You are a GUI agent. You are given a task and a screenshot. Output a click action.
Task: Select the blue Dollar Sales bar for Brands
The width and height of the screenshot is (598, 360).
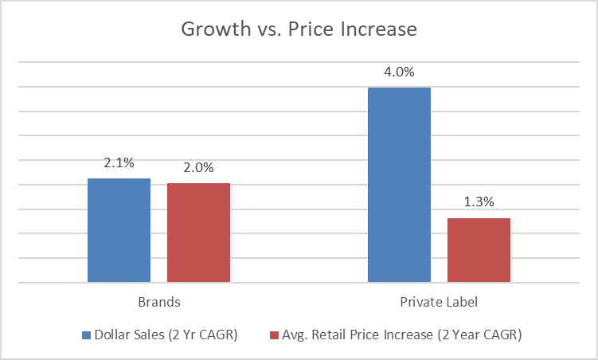[119, 230]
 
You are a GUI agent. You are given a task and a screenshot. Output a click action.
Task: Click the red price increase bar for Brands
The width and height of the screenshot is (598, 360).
[198, 233]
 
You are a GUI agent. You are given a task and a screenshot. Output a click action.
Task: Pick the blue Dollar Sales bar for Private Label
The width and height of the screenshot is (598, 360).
[399, 185]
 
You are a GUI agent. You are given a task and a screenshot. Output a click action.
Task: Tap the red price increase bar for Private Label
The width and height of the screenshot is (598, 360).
[479, 250]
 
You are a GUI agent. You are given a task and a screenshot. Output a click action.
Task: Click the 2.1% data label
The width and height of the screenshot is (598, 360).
[119, 163]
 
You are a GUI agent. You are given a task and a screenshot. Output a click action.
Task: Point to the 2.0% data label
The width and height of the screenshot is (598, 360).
[198, 168]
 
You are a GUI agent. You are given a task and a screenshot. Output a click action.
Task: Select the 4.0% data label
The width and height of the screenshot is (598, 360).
[399, 72]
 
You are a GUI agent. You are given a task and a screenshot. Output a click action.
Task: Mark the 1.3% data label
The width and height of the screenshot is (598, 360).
[479, 202]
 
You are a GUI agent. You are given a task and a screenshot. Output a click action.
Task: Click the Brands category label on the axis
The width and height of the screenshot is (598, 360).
[158, 303]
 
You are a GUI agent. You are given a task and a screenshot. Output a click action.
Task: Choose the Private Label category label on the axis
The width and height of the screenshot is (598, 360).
[439, 303]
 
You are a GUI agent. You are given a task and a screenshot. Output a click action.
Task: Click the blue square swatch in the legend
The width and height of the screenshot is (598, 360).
[84, 335]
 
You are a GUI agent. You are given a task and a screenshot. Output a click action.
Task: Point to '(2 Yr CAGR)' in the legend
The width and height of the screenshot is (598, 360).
[205, 335]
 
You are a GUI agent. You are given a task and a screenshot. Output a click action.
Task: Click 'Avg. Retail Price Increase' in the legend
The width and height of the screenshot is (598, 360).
[359, 335]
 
